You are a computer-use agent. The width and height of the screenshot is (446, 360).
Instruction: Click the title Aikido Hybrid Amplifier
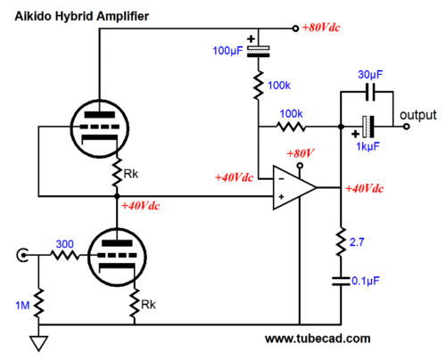82,16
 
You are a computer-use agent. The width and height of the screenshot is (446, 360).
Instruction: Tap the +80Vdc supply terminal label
321,28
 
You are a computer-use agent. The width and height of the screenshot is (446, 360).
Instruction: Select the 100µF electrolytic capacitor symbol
259,51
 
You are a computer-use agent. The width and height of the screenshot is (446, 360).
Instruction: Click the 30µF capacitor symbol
370,92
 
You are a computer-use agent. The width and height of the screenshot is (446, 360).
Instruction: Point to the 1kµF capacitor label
368,146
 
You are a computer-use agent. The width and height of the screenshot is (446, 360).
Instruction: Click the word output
418,115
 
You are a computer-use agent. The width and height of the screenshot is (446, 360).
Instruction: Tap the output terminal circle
407,127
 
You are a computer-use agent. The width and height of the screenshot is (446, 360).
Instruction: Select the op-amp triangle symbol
294,188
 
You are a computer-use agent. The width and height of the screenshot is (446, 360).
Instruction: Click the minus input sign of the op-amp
281,179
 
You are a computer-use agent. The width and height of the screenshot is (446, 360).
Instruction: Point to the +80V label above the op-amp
301,153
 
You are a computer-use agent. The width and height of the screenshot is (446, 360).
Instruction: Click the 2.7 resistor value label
357,242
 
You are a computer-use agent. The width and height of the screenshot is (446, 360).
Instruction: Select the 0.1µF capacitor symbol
341,281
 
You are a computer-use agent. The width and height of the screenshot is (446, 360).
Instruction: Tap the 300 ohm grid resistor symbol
65,255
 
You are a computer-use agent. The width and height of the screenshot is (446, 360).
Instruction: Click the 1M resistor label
22,306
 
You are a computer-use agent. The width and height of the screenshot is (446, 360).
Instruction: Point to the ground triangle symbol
39,343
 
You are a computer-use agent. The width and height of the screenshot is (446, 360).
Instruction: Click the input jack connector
22,255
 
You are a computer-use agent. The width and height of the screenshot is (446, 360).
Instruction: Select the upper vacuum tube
100,128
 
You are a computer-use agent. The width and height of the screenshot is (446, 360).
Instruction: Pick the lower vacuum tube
117,257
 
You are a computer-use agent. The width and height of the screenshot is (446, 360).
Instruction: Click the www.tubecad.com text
318,339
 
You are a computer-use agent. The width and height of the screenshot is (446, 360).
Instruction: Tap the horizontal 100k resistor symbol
291,127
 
